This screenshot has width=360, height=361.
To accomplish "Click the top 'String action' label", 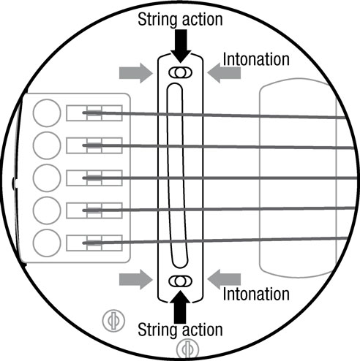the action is (180, 20).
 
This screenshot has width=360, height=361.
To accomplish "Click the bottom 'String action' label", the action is (180, 330).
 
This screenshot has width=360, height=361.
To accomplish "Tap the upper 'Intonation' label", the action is (256, 59).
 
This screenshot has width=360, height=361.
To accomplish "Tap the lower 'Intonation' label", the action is (256, 294).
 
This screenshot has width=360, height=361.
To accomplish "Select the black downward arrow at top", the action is (181, 46).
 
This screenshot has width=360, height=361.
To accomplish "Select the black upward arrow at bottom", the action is (180, 307).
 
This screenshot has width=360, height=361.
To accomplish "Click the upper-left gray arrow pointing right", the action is (136, 73).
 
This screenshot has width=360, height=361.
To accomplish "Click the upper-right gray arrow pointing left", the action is (224, 73).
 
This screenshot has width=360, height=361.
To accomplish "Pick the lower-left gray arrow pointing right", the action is (136, 279).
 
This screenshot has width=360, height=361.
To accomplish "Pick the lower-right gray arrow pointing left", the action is (224, 279).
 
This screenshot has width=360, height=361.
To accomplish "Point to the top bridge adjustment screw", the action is (181, 72).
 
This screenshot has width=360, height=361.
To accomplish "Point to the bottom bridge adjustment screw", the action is (181, 281).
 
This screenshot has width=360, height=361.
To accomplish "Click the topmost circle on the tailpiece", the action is (47, 113).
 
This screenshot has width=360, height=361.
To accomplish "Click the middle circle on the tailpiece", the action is (47, 178).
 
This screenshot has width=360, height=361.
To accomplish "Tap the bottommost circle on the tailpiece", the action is (47, 243).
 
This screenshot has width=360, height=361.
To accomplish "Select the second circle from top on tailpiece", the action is (47, 145).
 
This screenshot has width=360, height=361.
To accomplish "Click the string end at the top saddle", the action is (84, 113).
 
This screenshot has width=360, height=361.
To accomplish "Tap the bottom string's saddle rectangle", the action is (94, 243).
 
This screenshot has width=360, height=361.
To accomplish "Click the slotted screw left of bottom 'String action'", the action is (113, 320).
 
